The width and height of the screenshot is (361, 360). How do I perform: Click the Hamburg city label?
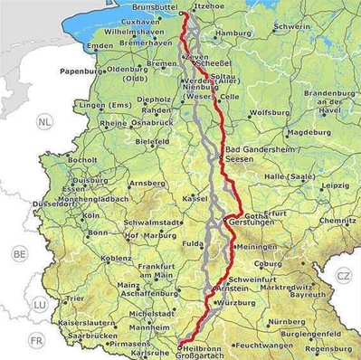click(x=233, y=33)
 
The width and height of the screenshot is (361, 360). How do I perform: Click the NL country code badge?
click(x=44, y=120)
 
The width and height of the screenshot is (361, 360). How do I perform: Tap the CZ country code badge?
click(x=343, y=275)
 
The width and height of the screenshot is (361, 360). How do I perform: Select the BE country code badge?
click(x=19, y=255)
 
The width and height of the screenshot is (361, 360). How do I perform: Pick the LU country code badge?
click(x=39, y=305)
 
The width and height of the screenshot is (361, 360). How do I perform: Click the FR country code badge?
click(x=36, y=340)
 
